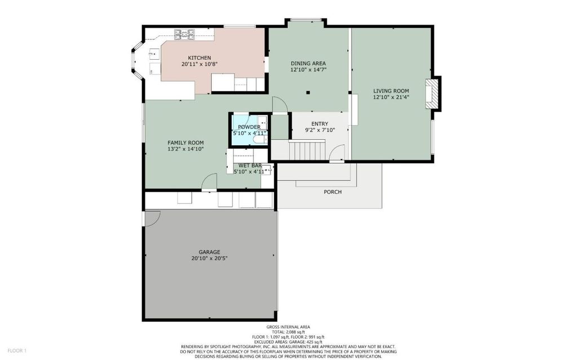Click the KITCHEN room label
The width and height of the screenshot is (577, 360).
pyautogui.click(x=199, y=58)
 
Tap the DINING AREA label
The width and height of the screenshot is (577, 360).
pyautogui.click(x=308, y=63)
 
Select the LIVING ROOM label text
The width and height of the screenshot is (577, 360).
pyautogui.click(x=391, y=91)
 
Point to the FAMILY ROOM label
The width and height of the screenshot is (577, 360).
pyautogui.click(x=185, y=143)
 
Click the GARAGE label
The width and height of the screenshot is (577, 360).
pyautogui.click(x=210, y=252)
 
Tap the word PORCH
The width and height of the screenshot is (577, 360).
pyautogui.click(x=332, y=192)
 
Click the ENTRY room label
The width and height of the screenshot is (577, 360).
pyautogui.click(x=319, y=124)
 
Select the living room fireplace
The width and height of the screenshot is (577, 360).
pyautogui.click(x=433, y=94)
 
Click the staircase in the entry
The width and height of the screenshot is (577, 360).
pyautogui.click(x=307, y=150)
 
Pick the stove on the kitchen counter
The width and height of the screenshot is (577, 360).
pyautogui.click(x=184, y=34)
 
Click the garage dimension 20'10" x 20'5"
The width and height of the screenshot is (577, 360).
pyautogui.click(x=210, y=259)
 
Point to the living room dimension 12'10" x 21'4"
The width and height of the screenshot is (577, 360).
pyautogui.click(x=391, y=97)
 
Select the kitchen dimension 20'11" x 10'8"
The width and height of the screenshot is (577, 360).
pyautogui.click(x=199, y=64)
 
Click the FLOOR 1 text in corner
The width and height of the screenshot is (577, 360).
pyautogui.click(x=17, y=351)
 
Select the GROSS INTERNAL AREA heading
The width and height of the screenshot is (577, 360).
pyautogui.click(x=288, y=327)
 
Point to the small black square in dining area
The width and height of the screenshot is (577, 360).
pyautogui.click(x=308, y=93)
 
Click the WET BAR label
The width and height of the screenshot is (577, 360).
pyautogui.click(x=250, y=166)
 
